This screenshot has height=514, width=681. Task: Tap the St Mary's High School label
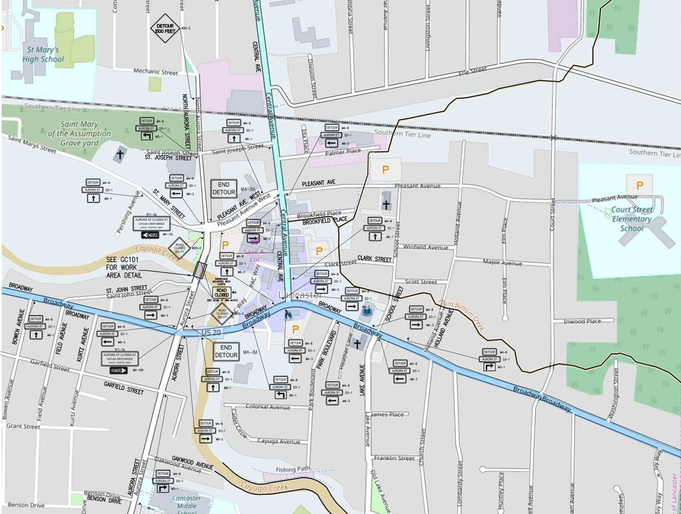(44, 54)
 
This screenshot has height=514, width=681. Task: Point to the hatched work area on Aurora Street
(199, 270)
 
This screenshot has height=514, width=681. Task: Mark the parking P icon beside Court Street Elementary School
(640, 185)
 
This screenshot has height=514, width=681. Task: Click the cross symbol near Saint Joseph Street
(120, 154)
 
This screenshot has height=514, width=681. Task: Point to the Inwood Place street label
(582, 322)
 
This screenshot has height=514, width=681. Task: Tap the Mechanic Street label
(155, 72)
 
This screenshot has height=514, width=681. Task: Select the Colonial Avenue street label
(268, 407)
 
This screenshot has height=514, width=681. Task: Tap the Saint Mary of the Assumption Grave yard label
(79, 134)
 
